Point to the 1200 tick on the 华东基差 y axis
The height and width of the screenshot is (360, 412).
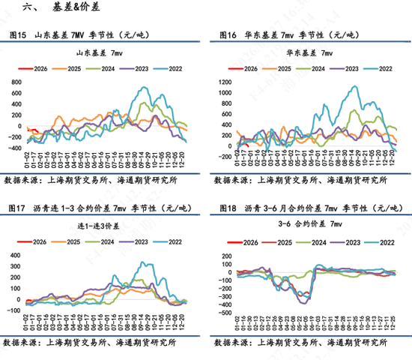[224, 81]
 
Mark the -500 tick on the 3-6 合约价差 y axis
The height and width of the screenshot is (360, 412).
[224, 313]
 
